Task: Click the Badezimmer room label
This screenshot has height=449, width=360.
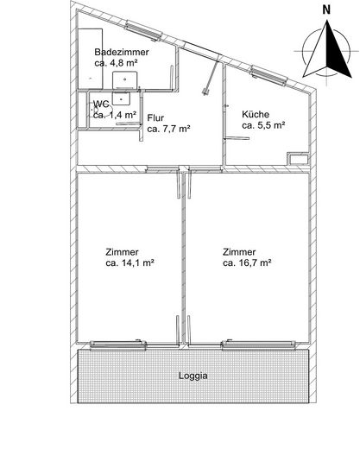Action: click(x=122, y=52)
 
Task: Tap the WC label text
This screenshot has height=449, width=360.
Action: click(x=101, y=104)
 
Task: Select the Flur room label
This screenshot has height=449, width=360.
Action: click(x=155, y=118)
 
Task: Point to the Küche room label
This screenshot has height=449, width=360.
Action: click(x=256, y=114)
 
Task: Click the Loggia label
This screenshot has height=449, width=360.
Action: click(x=193, y=376)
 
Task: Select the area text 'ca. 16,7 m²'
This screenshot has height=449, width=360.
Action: click(x=247, y=262)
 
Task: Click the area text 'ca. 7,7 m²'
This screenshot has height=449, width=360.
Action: click(x=168, y=129)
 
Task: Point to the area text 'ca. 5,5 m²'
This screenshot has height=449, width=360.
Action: click(x=263, y=125)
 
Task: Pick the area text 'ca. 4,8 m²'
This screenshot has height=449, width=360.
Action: click(x=116, y=63)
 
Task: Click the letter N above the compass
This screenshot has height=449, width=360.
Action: click(x=326, y=10)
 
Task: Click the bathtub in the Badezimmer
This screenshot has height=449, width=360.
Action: click(x=91, y=59)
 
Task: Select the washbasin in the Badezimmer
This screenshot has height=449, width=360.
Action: click(x=124, y=79)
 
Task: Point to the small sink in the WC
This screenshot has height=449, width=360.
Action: click(x=121, y=98)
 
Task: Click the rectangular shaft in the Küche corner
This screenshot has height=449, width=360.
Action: click(x=298, y=158)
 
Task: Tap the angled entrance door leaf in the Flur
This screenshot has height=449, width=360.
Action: click(x=211, y=77)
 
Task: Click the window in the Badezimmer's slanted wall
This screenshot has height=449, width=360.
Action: click(x=143, y=31)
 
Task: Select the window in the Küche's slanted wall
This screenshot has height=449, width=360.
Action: click(x=269, y=76)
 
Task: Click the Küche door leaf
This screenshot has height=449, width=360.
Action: click(x=237, y=138)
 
